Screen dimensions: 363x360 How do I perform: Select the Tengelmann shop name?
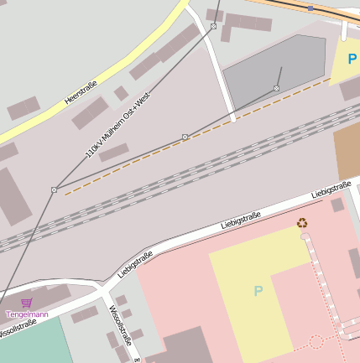(x=27, y=314)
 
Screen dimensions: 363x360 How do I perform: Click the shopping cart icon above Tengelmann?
(x=27, y=303)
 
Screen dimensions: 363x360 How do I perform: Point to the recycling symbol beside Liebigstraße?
(x=302, y=223)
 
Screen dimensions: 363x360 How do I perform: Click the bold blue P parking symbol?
(x=352, y=60)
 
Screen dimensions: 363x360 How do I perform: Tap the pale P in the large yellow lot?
(x=258, y=291)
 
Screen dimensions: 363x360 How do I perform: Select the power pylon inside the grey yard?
(x=276, y=88)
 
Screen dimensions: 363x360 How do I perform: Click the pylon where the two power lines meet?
(x=55, y=189)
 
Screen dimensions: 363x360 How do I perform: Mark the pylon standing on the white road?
(x=213, y=27)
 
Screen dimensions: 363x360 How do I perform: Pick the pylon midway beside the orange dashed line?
(x=185, y=137)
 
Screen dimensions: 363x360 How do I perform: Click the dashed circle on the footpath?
(x=316, y=341)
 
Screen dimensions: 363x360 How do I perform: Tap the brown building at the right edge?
(x=347, y=152)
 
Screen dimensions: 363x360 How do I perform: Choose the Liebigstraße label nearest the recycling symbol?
(x=331, y=189)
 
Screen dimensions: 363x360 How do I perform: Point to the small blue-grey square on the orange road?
(x=310, y=8)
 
